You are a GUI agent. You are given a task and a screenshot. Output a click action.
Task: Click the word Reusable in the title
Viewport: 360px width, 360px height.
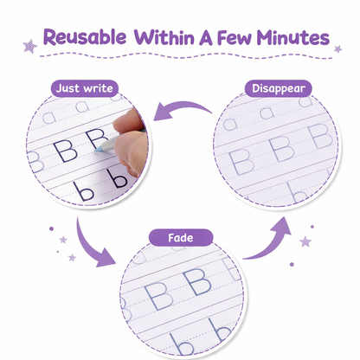tap(85, 37)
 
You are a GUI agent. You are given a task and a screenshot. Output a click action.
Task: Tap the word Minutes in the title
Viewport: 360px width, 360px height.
tap(292, 38)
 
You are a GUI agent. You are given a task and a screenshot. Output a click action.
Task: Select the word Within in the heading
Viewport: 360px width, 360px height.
tap(164, 37)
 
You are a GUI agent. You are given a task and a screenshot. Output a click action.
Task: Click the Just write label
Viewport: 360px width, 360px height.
tap(85, 88)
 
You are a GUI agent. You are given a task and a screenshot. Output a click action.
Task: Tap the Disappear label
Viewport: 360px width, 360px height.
tap(279, 88)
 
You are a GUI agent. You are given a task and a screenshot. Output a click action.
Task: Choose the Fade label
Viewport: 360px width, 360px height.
tap(181, 238)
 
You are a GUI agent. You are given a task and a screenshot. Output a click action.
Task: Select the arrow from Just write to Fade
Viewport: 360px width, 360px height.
tap(93, 245)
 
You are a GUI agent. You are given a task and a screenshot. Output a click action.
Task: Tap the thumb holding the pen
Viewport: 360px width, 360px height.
tap(129, 120)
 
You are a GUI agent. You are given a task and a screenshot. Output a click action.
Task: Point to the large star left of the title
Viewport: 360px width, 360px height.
tap(30, 46)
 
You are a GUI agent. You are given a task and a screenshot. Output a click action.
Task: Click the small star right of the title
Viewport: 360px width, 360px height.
tap(337, 49)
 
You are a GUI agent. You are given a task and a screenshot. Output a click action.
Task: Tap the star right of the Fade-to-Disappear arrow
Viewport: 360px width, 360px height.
tap(305, 241)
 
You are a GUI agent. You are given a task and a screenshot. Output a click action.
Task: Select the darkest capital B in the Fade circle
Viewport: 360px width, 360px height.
tap(198, 282)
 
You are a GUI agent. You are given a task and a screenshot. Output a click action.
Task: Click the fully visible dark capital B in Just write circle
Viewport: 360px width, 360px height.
tap(65, 151)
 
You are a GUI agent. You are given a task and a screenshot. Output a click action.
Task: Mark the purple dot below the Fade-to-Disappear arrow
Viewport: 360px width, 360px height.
tap(292, 264)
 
